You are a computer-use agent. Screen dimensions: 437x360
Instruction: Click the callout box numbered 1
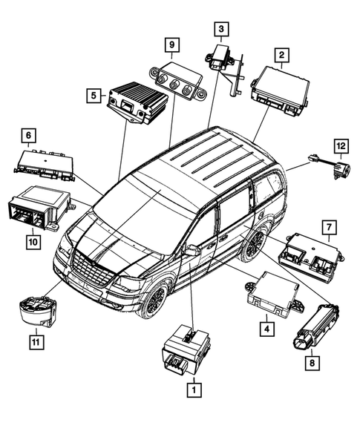click(x=194, y=387)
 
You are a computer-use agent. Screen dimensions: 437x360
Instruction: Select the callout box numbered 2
click(x=281, y=54)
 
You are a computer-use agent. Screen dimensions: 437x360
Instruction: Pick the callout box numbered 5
click(x=94, y=95)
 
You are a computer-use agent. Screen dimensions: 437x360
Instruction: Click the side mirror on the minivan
click(x=192, y=251)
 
